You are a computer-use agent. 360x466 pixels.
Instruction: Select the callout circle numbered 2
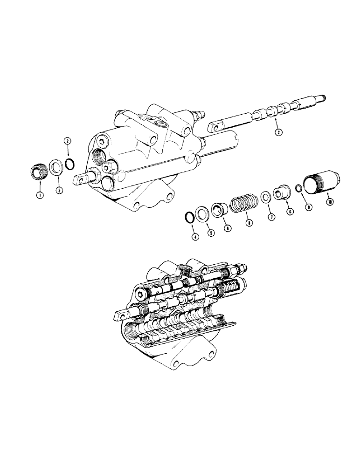[67, 141]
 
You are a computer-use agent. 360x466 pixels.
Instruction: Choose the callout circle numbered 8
[250, 223]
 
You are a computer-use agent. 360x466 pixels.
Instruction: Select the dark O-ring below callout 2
[69, 164]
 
